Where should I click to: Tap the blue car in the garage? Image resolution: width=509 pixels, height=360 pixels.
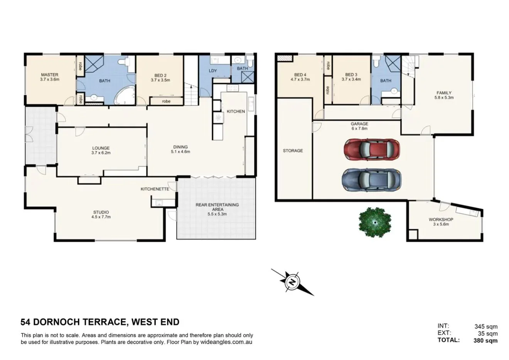point(371,180)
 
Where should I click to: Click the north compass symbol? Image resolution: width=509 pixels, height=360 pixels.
point(293,282)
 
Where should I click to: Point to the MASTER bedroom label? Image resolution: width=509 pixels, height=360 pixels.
point(49,75)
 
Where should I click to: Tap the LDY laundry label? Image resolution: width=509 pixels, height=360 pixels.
point(212,71)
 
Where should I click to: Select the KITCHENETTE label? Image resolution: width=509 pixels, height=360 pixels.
point(155,189)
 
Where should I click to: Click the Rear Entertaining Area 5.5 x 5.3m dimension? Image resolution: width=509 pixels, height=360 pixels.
point(217,214)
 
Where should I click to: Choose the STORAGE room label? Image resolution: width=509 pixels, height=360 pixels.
point(293,150)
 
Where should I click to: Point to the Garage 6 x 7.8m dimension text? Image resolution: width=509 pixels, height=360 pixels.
point(359,128)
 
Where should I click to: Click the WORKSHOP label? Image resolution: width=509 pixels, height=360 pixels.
point(441,220)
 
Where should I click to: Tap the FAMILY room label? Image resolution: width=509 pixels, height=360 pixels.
point(444,93)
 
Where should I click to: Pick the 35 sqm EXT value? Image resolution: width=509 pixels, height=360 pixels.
point(487,333)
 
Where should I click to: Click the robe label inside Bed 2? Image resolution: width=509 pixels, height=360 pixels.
point(166,101)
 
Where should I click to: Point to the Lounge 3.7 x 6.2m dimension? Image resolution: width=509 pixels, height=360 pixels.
point(101,152)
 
